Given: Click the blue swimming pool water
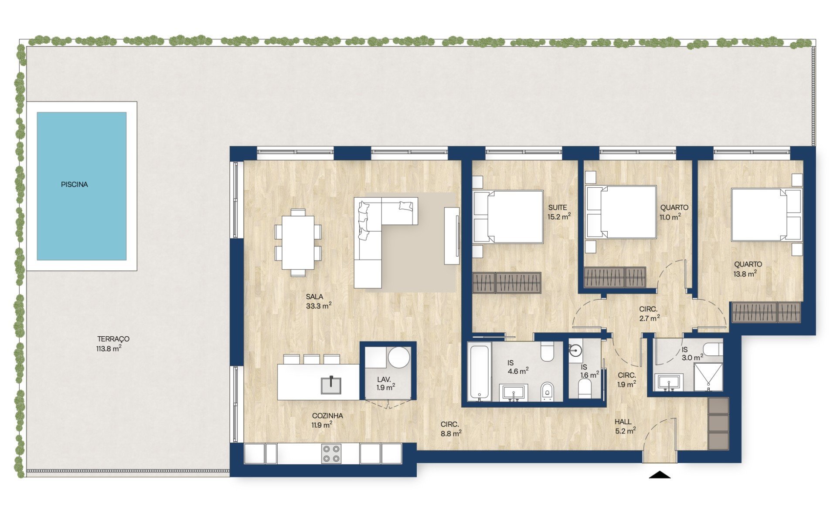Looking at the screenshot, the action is coord(82,186).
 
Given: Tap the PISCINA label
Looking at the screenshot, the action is coord(75,185).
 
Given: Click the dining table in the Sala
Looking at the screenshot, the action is coord(298,243).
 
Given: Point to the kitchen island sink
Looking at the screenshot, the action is coord(331,385).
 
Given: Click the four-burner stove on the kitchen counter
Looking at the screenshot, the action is coord(331,453).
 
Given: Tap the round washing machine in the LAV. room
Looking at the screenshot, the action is coord(399,358).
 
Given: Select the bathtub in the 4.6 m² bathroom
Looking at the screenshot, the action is coord(480,371).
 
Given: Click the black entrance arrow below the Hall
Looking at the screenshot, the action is coord(660,475).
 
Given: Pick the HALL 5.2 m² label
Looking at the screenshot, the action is coord(625,426).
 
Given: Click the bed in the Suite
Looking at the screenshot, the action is coord(508,216).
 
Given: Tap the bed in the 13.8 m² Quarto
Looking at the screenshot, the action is coord(767,214).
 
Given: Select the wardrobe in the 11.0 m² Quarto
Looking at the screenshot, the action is coord(614,277).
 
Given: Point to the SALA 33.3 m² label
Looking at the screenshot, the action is coord(319,301).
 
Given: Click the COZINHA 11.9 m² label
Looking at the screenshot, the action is coord(327,420).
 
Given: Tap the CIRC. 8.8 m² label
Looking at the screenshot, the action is coord(450,429).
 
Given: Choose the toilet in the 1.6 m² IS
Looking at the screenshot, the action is coord(585,388).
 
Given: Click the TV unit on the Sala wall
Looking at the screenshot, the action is coord(452,236).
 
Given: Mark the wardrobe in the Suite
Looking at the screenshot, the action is coord(507,283).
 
